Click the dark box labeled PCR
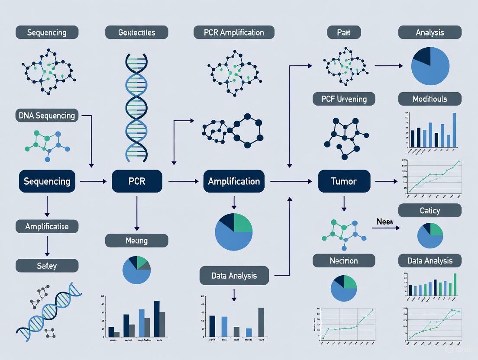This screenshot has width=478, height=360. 137,181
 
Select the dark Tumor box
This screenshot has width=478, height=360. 344,181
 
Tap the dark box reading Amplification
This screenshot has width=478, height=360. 234,181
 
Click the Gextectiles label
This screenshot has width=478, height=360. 136,32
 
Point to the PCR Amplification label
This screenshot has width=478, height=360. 234,32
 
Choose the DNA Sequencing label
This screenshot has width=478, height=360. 47,115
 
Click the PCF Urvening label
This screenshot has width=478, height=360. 344,99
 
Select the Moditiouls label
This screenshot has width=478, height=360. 430,99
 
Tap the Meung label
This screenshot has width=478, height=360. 136,241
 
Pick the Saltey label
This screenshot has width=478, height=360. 47,266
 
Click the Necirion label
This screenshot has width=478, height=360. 344,261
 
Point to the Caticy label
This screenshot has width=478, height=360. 430,211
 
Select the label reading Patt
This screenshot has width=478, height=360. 344,32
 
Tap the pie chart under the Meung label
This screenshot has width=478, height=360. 136,270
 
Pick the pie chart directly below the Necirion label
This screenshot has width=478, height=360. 344,288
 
